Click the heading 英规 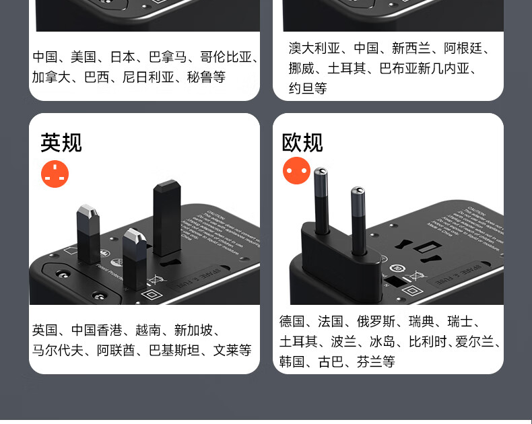click(x=61, y=143)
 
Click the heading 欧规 click(x=302, y=143)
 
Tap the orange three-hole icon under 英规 click(x=55, y=174)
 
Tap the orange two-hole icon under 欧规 click(x=296, y=170)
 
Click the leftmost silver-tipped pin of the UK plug click(x=88, y=232)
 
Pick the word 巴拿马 click(x=168, y=57)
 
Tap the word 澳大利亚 click(x=314, y=48)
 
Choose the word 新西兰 click(x=411, y=48)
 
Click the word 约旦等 click(x=308, y=88)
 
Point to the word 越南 click(x=148, y=330)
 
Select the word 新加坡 click(x=193, y=330)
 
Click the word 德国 click(x=292, y=321)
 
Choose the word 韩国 click(x=292, y=361)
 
